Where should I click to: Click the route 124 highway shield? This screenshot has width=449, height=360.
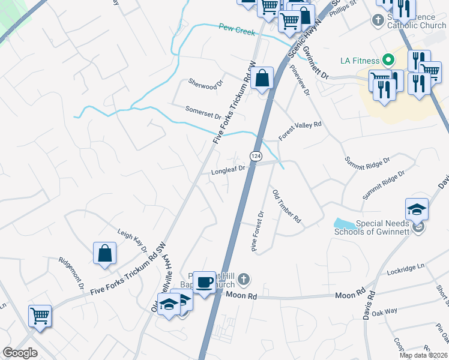(x=256, y=156)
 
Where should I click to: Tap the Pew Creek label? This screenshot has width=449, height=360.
(x=237, y=29)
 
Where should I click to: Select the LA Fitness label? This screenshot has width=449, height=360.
(x=360, y=61)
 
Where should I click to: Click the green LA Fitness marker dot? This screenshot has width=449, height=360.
(x=388, y=60)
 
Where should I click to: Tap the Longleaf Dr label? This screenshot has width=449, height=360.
(x=228, y=170)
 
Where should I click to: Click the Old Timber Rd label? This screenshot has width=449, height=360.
(x=286, y=208)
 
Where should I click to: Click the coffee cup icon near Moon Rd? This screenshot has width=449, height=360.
(x=204, y=281)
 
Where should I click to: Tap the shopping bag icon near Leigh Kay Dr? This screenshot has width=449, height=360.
(x=105, y=253)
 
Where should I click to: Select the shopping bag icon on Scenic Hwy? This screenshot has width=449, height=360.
(x=262, y=78)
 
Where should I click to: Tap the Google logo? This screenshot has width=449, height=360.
(x=20, y=353)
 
